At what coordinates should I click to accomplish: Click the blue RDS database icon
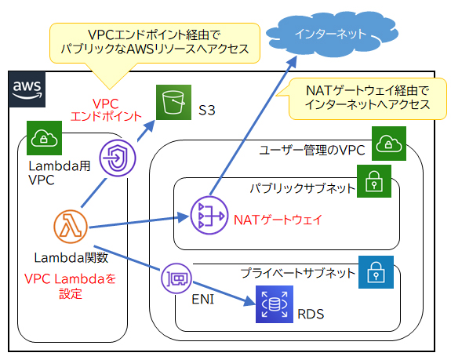point(273,307)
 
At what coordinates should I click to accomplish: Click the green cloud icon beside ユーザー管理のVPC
point(388,144)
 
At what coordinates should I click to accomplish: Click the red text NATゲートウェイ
point(278,219)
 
